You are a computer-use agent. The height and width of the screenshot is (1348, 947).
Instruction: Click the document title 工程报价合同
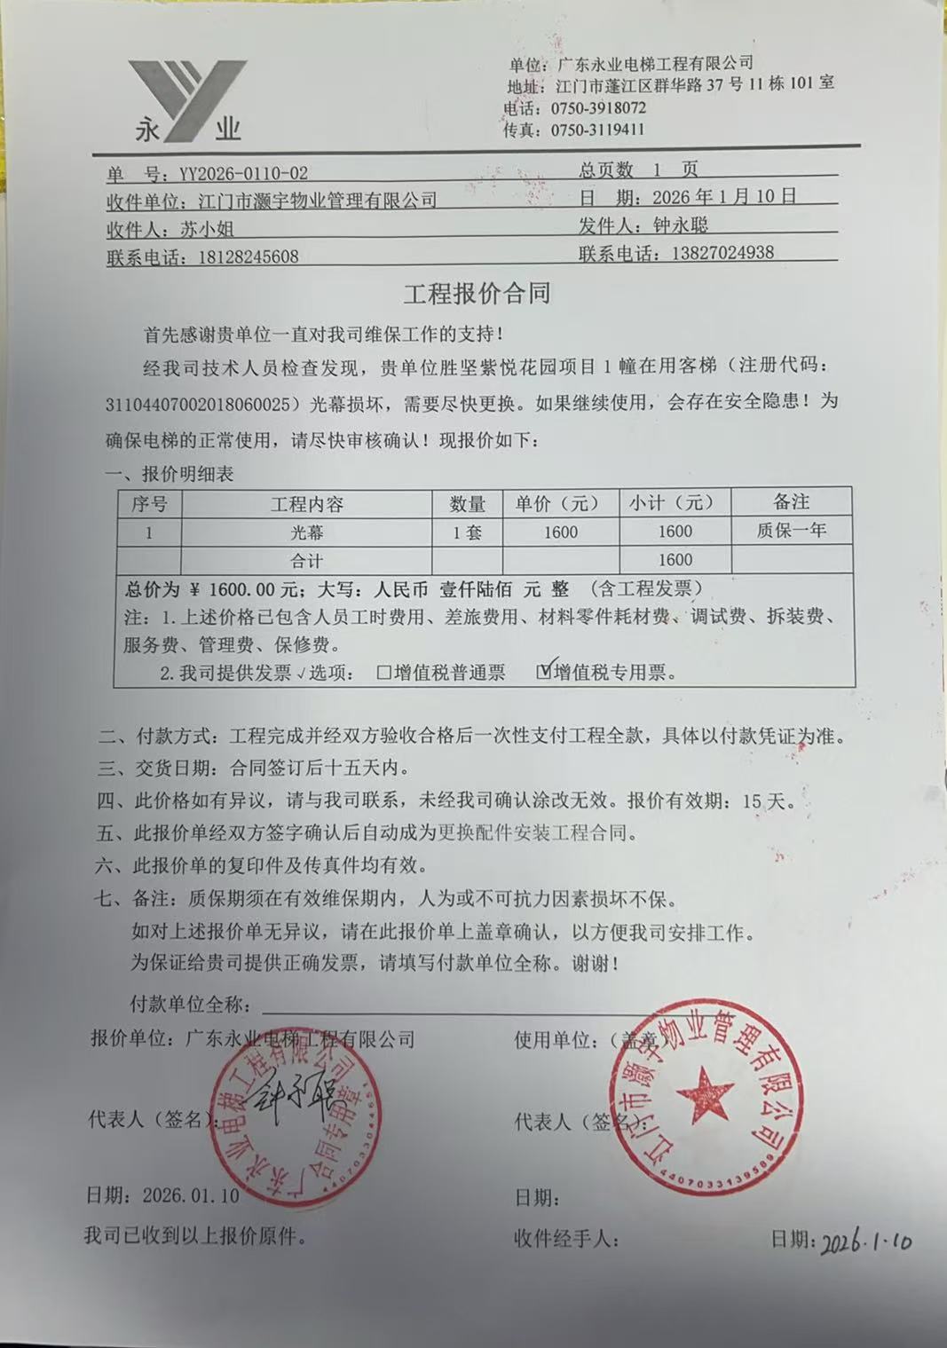[477, 294]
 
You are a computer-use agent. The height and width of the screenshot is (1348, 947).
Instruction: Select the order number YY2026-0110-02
[243, 173]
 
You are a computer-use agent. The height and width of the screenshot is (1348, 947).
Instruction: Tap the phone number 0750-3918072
[598, 108]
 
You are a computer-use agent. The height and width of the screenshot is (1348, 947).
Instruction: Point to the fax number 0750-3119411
[597, 130]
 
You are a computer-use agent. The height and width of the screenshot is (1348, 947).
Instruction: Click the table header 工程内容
[306, 504]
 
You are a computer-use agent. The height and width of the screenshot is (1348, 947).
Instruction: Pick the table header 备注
[791, 502]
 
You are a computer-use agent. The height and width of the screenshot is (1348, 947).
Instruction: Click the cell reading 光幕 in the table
[306, 532]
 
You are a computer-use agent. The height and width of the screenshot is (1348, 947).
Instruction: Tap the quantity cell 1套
[467, 532]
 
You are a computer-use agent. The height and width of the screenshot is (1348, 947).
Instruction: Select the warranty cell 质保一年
[791, 531]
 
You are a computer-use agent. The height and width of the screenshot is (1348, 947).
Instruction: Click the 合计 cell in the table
[306, 561]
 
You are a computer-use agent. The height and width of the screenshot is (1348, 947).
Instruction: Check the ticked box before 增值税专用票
[545, 672]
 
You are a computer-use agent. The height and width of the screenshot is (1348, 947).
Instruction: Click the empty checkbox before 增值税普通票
[383, 673]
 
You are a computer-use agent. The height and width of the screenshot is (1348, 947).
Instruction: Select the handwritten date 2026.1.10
[865, 1242]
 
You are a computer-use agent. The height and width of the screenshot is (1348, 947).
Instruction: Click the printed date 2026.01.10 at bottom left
[191, 1195]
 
